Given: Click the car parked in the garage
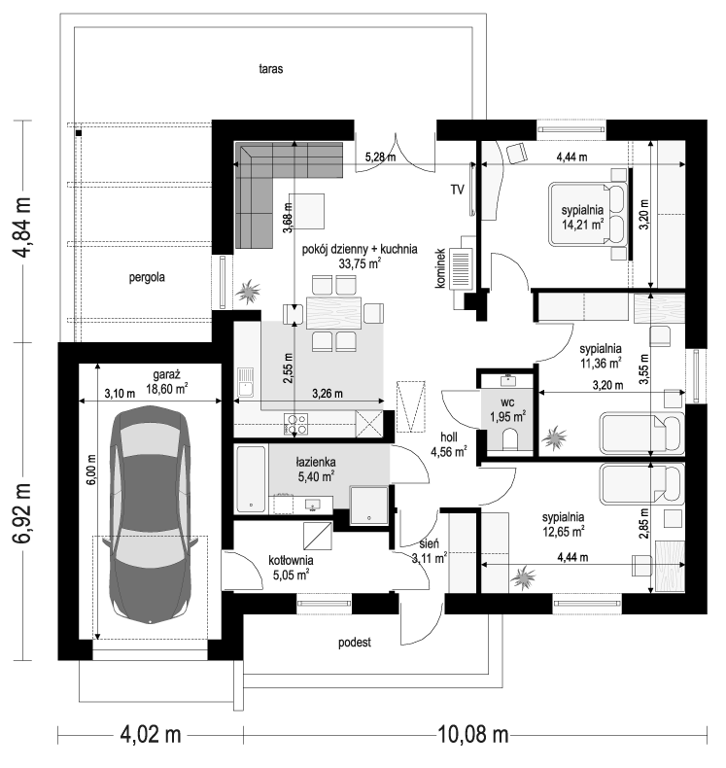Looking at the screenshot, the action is click(150, 514).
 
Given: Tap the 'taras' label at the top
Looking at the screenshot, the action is click(271, 69).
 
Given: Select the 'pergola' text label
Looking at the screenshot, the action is click(147, 278).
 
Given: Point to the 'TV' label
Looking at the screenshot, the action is click(457, 190).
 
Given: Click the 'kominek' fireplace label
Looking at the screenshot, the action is click(440, 268).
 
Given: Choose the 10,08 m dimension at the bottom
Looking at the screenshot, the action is click(472, 735).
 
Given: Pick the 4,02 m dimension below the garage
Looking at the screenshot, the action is click(151, 735).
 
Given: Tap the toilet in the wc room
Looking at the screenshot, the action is click(509, 438).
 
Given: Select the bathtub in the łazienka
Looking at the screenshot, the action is click(251, 478).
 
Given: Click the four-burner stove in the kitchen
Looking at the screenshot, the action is click(295, 425).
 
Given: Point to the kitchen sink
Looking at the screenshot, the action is click(245, 382).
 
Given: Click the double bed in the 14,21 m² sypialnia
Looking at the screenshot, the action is click(588, 214).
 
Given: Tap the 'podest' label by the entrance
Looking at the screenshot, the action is click(355, 643).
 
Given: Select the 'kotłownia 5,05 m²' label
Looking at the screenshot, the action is click(291, 568).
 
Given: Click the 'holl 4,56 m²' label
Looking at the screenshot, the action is click(448, 444).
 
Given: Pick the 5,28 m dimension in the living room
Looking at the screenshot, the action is click(380, 157).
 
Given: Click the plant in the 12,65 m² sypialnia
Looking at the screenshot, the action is click(523, 577).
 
